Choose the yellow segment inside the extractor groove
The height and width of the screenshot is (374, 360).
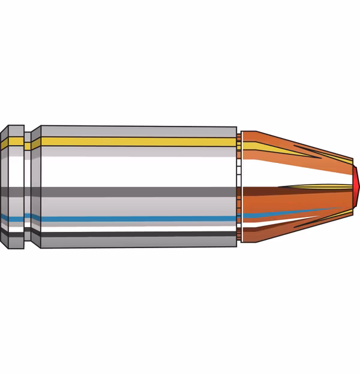tap(27, 144)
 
